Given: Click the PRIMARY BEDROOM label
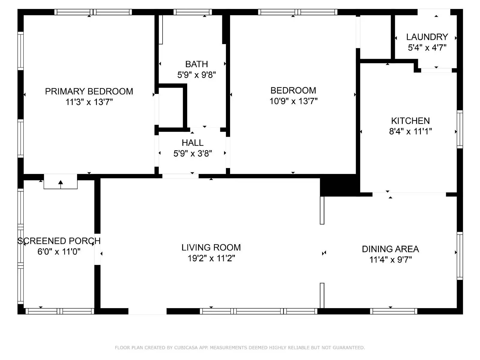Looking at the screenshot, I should pyautogui.click(x=89, y=91).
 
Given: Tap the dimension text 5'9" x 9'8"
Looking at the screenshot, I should pyautogui.click(x=196, y=75).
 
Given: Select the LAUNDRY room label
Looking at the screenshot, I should pyautogui.click(x=427, y=37).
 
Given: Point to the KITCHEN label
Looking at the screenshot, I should pyautogui.click(x=410, y=121).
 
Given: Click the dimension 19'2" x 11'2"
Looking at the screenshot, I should pyautogui.click(x=211, y=258).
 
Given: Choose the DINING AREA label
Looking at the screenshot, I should pyautogui.click(x=390, y=249).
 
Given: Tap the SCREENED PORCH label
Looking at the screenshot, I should pyautogui.click(x=59, y=241).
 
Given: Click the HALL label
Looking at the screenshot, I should pyautogui.click(x=192, y=142).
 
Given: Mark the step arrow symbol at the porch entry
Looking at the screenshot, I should pyautogui.click(x=61, y=183).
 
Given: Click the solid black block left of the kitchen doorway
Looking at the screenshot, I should pyautogui.click(x=339, y=185).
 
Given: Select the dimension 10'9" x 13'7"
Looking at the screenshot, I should pyautogui.click(x=293, y=101).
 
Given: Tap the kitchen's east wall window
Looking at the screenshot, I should pyautogui.click(x=460, y=129).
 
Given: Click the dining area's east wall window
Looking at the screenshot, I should pyautogui.click(x=460, y=256).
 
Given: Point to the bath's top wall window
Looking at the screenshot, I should pyautogui.click(x=192, y=12).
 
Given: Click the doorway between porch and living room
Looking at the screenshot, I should pyautogui.click(x=97, y=249).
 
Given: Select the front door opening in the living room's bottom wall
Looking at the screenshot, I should pyautogui.click(x=147, y=311).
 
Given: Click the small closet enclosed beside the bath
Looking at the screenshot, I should pyautogui.click(x=170, y=107).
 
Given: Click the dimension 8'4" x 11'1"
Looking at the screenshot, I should pyautogui.click(x=410, y=131).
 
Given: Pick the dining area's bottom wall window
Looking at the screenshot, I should pyautogui.click(x=393, y=311).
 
